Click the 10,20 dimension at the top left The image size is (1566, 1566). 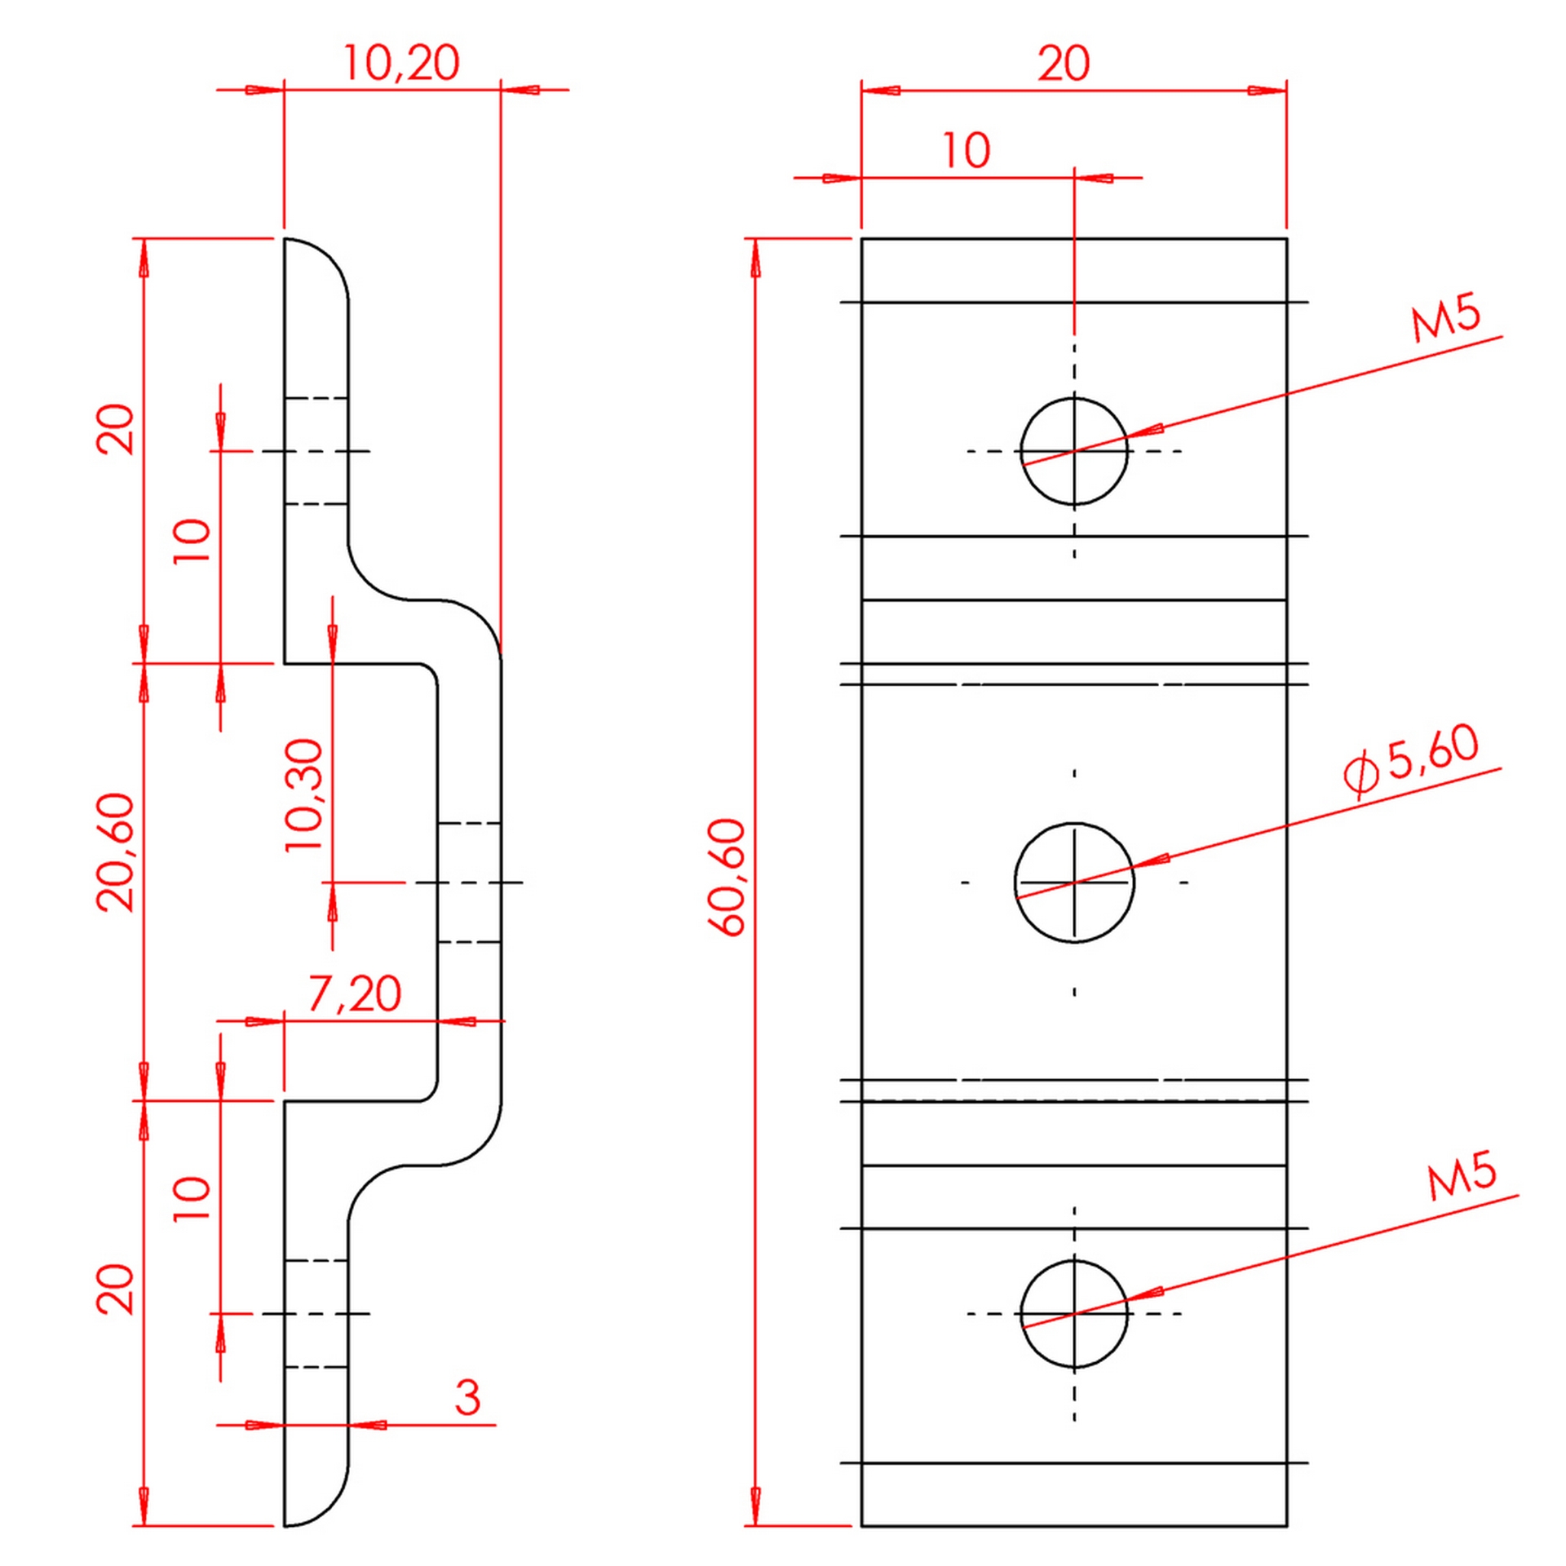pyautogui.click(x=400, y=63)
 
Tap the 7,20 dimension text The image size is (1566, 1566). pyautogui.click(x=355, y=994)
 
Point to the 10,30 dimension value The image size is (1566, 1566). pyautogui.click(x=305, y=795)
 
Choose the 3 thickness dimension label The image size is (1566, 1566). pyautogui.click(x=467, y=1398)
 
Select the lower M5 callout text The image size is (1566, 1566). pyautogui.click(x=1462, y=1176)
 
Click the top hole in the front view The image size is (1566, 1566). pyautogui.click(x=1073, y=451)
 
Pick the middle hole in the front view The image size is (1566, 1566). pyautogui.click(x=1073, y=882)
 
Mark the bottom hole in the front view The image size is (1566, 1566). pyautogui.click(x=1073, y=1313)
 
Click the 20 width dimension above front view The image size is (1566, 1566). pyautogui.click(x=1063, y=64)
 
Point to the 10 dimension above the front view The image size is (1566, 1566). pyautogui.click(x=966, y=151)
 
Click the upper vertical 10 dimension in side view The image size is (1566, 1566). pyautogui.click(x=192, y=540)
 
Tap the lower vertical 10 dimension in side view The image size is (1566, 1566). pyautogui.click(x=192, y=1198)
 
